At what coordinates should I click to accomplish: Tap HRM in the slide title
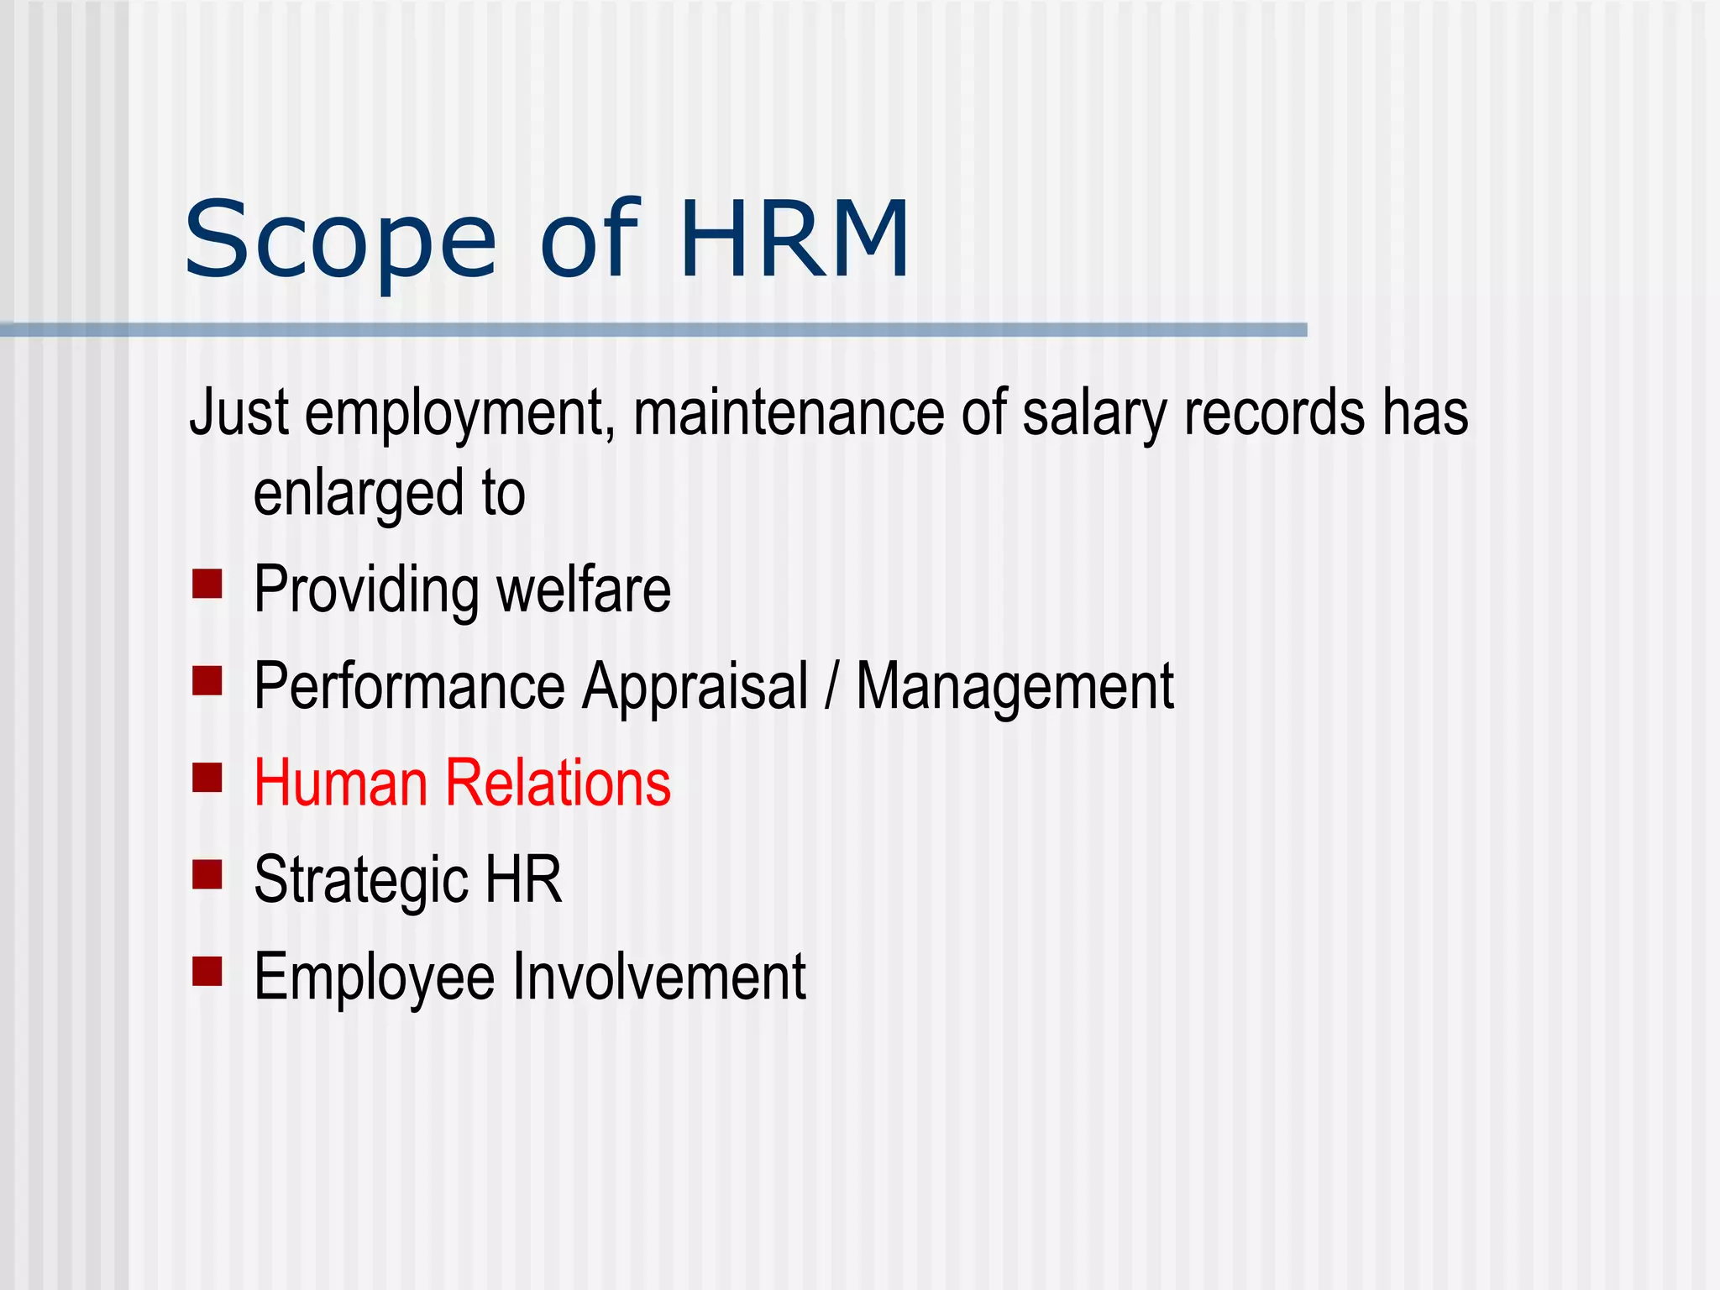pos(794,239)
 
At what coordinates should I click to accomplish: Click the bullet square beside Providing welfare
pos(207,584)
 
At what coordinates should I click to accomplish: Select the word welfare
pos(584,590)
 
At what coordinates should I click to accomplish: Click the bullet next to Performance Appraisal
pos(207,680)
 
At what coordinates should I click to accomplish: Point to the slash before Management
pos(831,687)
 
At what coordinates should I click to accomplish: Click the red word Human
pos(340,783)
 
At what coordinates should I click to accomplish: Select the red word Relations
pos(558,783)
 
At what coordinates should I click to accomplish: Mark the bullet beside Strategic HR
pos(207,874)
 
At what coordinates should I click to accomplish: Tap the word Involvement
pos(659,977)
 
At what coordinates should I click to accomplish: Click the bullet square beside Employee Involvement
pos(207,971)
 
